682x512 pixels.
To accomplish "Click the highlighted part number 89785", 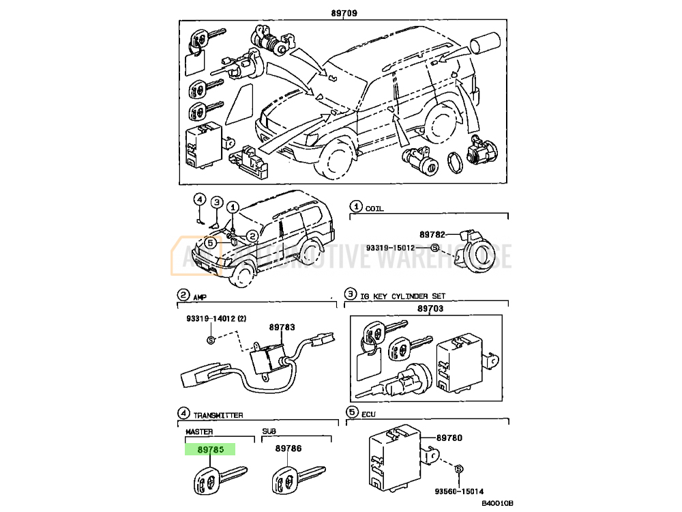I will click(210, 449).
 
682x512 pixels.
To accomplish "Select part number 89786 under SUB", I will click(288, 449).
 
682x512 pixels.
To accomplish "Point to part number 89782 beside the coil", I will click(432, 234).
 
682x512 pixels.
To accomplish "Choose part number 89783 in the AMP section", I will click(281, 328).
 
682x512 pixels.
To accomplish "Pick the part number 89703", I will click(430, 309).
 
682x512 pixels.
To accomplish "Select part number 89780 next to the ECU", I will click(449, 437).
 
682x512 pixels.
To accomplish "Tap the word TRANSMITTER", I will click(218, 415).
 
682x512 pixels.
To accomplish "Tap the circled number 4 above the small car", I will click(199, 199).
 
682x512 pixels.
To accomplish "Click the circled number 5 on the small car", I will click(211, 242).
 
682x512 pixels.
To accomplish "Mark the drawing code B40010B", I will click(497, 504).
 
